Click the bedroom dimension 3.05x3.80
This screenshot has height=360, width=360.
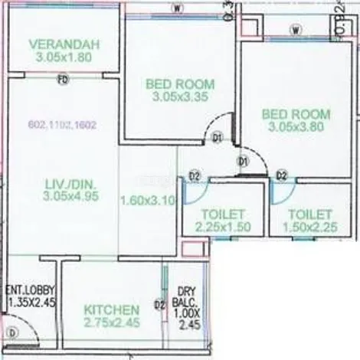[x=296, y=128]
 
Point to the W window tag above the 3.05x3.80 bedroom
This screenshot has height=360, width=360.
[x=295, y=31]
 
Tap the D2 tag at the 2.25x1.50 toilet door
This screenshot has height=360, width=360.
[x=195, y=177]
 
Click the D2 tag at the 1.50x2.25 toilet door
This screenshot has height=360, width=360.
[x=282, y=176]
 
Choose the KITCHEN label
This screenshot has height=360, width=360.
[x=112, y=309]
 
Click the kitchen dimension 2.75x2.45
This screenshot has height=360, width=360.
[x=112, y=323]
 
